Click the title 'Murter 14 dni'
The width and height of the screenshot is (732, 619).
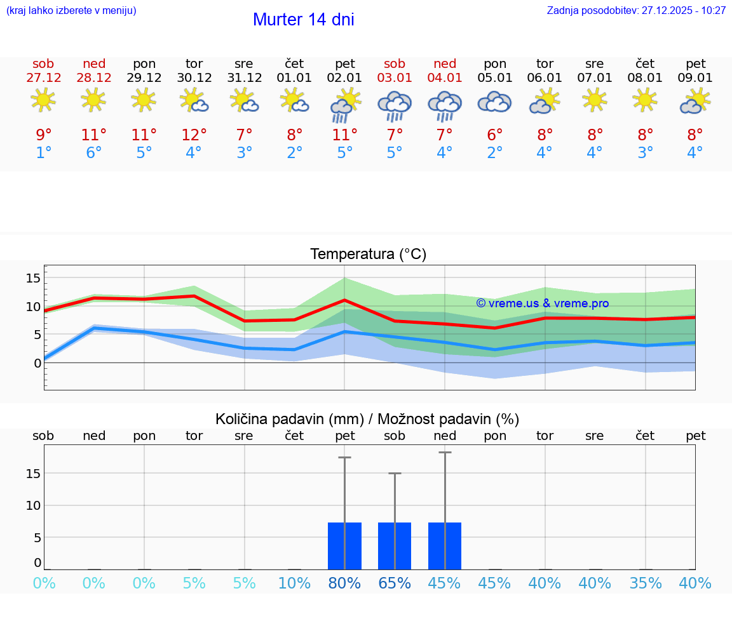pyautogui.click(x=303, y=20)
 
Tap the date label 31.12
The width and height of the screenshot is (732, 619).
pyautogui.click(x=244, y=78)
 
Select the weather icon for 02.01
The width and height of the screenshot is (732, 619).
pyautogui.click(x=344, y=105)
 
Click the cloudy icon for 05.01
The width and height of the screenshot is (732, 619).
pyautogui.click(x=494, y=102)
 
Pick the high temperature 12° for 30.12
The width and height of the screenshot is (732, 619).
pyautogui.click(x=194, y=135)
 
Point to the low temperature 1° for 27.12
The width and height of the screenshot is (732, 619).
pyautogui.click(x=43, y=153)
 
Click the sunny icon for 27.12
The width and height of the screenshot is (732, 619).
pyautogui.click(x=43, y=100)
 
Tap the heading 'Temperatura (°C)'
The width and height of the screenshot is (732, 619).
pyautogui.click(x=368, y=254)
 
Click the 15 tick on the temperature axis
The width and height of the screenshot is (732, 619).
pyautogui.click(x=33, y=278)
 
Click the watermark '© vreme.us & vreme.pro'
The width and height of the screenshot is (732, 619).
pyautogui.click(x=542, y=303)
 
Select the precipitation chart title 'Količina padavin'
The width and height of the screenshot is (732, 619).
pyautogui.click(x=367, y=419)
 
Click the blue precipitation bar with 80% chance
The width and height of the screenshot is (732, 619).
pyautogui.click(x=344, y=546)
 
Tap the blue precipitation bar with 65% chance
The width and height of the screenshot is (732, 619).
pyautogui.click(x=395, y=546)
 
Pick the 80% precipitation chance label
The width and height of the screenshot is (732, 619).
pyautogui.click(x=344, y=583)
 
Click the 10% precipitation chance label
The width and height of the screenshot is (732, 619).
pyautogui.click(x=294, y=583)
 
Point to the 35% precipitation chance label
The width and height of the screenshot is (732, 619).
pyautogui.click(x=646, y=583)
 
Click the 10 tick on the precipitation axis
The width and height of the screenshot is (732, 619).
pyautogui.click(x=33, y=505)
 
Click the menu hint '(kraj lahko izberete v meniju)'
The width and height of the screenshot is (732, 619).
pyautogui.click(x=71, y=10)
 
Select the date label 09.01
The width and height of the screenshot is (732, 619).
pyautogui.click(x=695, y=78)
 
